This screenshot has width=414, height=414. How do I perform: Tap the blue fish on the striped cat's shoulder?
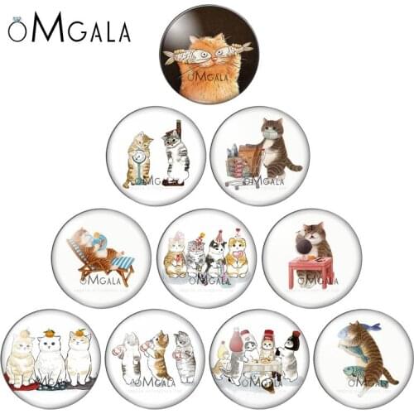[349, 333]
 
